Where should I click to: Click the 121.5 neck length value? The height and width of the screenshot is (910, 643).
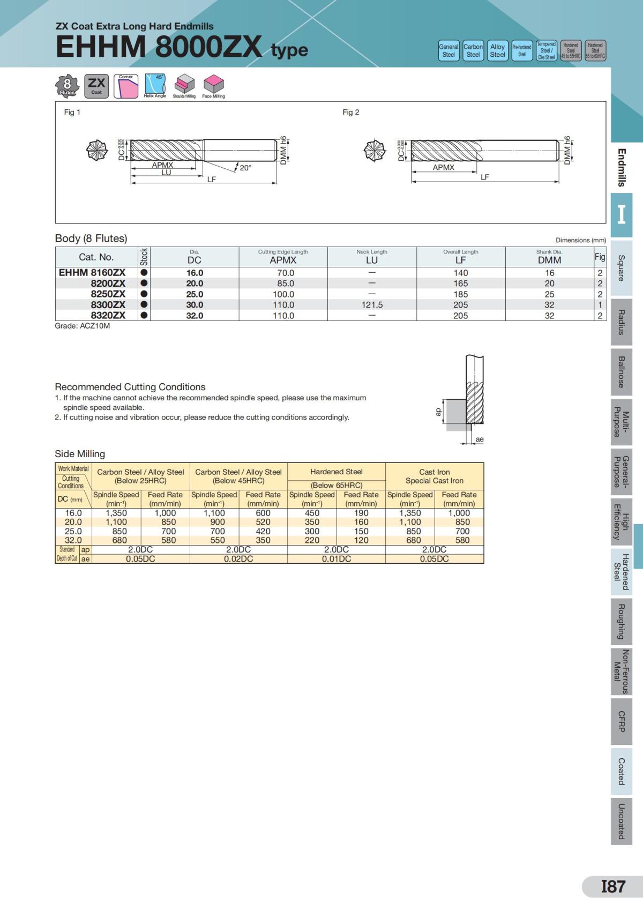tap(371, 304)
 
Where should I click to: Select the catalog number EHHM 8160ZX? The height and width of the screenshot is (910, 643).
tap(92, 273)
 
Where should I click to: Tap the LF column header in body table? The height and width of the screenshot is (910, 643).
tap(460, 260)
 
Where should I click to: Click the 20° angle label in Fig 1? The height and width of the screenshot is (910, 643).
tap(245, 168)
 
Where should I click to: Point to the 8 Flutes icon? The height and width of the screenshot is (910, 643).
tap(68, 86)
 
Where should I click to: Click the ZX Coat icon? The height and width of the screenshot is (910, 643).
tap(96, 86)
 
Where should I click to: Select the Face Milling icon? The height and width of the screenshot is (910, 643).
tap(213, 86)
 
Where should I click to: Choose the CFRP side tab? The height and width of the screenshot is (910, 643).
tap(621, 721)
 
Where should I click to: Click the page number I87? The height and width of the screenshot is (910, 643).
tap(612, 886)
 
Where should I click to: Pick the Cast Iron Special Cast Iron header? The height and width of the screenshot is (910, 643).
tap(434, 476)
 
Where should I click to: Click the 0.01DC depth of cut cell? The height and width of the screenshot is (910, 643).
tap(337, 558)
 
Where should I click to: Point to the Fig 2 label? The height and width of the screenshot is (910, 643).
tap(351, 112)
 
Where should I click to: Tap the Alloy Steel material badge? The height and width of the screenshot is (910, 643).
tap(497, 50)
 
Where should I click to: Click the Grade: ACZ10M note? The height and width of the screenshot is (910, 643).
tap(83, 326)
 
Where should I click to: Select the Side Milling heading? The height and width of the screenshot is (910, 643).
tap(80, 454)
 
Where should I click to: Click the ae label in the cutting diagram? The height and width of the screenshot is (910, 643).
tap(480, 439)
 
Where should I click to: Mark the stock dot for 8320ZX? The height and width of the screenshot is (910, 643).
tap(144, 315)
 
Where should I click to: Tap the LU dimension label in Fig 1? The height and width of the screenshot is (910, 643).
tap(166, 173)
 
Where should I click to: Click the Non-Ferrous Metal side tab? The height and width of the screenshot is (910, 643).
tap(621, 672)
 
